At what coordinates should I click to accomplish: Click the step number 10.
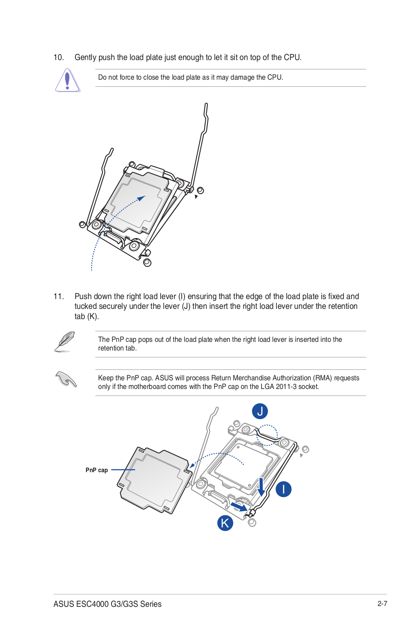coord(59,57)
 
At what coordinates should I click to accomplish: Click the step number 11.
coord(59,296)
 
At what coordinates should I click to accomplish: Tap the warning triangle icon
coord(68,80)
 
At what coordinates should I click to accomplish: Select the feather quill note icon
coord(64,341)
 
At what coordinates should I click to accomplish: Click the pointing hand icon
coord(66,379)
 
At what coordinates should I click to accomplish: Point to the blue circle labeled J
coord(260,411)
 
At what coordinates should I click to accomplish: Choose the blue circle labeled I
coord(283,489)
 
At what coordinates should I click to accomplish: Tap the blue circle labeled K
coord(225,523)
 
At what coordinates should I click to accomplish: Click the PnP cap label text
coord(97,470)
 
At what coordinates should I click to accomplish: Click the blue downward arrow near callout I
coord(261,487)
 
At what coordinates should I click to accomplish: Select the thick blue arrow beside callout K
coord(239,507)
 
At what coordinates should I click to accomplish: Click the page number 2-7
coord(382,604)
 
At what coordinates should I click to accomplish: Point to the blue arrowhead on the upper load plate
coord(141,198)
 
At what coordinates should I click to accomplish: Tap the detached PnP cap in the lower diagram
coord(155,480)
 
